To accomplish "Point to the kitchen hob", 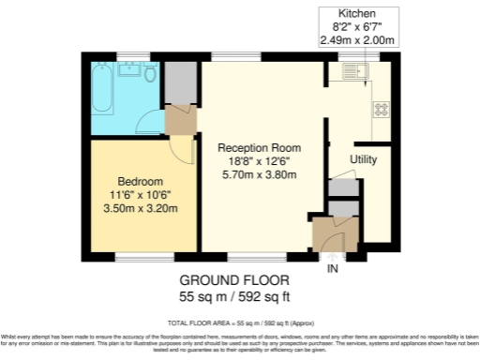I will tap(382, 109).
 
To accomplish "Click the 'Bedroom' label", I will tap(141, 181).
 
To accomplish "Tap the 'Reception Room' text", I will tap(259, 148).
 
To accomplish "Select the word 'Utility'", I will tap(364, 160).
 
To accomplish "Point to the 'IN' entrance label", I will tap(331, 269).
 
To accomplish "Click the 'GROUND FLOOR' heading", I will tap(234, 280).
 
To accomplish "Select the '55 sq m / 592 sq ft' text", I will tap(234, 296).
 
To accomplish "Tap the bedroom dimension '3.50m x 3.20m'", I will tap(141, 208).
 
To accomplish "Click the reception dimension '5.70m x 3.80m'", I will tap(259, 174).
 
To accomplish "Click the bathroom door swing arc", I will tap(146, 119).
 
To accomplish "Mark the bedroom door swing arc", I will tap(190, 151).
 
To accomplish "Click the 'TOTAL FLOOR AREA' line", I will tap(239, 322).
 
